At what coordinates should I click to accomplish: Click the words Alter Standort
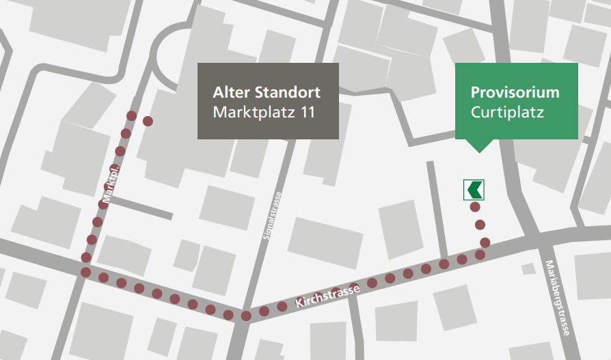pyautogui.click(x=267, y=92)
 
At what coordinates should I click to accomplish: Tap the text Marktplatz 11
pyautogui.click(x=264, y=113)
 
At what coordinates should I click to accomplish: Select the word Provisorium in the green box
pyautogui.click(x=515, y=92)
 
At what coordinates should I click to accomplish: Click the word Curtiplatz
pyautogui.click(x=507, y=113)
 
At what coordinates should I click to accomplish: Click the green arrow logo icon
pyautogui.click(x=474, y=189)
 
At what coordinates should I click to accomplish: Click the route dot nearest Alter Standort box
pyautogui.click(x=148, y=121)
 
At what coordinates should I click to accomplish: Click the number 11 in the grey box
pyautogui.click(x=306, y=113)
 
